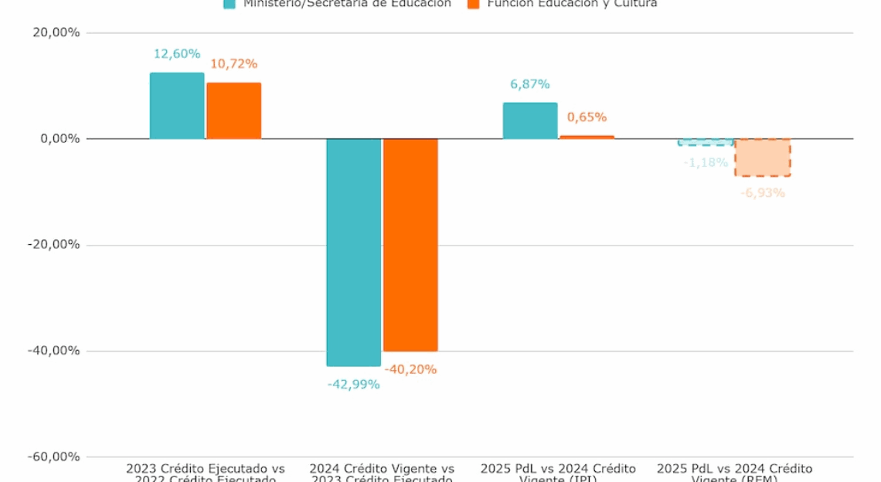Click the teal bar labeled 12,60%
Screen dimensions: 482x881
click(177, 106)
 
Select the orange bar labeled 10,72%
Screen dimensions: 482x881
click(233, 110)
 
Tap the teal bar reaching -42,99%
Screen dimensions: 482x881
click(353, 252)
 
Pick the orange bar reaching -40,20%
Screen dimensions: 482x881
click(410, 245)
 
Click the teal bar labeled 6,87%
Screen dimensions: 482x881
click(530, 121)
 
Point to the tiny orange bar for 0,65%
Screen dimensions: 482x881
click(587, 137)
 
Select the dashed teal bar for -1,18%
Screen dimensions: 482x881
click(706, 142)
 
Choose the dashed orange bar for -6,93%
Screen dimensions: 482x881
click(763, 158)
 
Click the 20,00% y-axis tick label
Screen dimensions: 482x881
click(55, 33)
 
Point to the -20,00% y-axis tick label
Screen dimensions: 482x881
click(53, 245)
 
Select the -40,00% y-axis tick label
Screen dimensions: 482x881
click(53, 351)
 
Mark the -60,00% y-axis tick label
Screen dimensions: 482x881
click(53, 457)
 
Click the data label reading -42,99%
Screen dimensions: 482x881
click(353, 384)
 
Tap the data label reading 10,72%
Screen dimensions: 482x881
click(233, 64)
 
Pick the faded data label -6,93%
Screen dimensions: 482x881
click(763, 192)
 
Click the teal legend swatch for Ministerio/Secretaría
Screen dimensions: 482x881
click(230, 4)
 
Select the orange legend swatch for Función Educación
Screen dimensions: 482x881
click(474, 4)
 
